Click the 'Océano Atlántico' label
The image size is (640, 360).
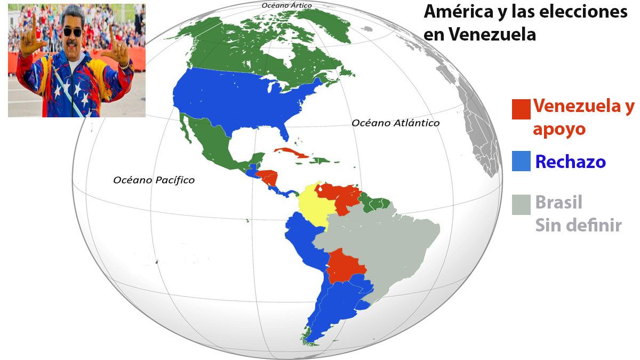(x=395, y=123)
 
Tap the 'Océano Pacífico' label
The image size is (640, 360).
(x=154, y=180)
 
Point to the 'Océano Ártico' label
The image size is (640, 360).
(x=286, y=5)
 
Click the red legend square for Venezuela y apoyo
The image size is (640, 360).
(x=521, y=109)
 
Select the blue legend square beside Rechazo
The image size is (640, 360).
(x=521, y=162)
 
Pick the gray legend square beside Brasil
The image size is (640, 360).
(x=521, y=204)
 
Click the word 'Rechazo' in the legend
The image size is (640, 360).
(x=570, y=162)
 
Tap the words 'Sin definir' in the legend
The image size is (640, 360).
(x=578, y=225)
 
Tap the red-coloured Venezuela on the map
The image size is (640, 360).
(x=341, y=196)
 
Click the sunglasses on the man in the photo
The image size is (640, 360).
(x=73, y=31)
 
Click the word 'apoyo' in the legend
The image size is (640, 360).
(x=559, y=129)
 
